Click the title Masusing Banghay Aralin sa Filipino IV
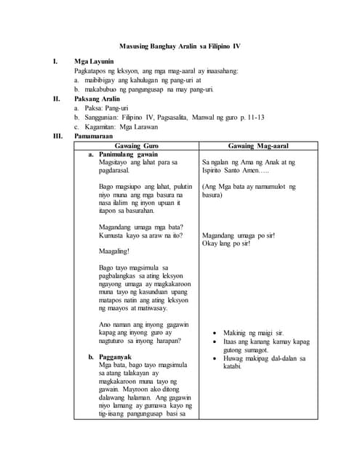[180, 46]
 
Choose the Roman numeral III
[57, 135]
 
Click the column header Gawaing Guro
[137, 145]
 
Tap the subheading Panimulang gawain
[128, 155]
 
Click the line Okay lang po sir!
[226, 243]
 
